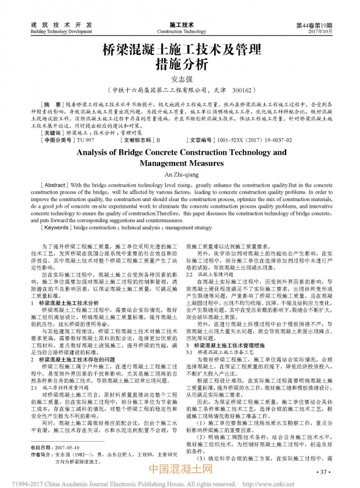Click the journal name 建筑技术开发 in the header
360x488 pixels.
click(61, 25)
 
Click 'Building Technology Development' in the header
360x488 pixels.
click(61, 32)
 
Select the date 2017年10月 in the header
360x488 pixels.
click(320, 32)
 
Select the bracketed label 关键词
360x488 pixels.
click(52, 134)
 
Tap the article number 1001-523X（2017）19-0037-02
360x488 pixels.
click(254, 140)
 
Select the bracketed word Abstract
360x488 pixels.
click(55, 185)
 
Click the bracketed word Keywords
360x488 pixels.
click(56, 228)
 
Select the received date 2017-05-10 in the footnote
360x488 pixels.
click(67, 448)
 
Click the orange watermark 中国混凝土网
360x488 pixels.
click(180, 471)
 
